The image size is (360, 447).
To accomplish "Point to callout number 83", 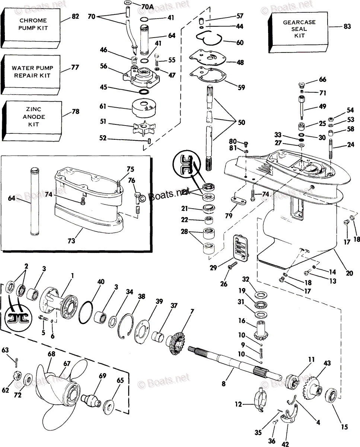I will pos(347,26).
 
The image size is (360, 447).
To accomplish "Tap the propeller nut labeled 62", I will pos(17,376).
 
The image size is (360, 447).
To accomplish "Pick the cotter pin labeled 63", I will pos(17,361).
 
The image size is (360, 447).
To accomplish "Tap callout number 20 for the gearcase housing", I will pos(349,273).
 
